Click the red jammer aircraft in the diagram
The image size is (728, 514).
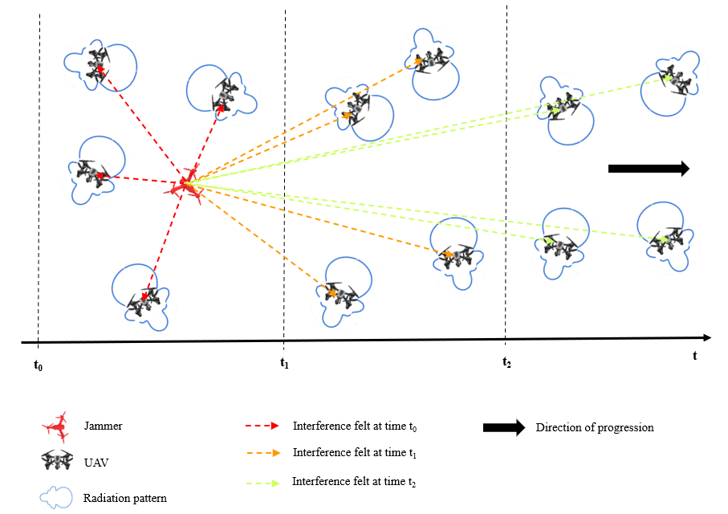tap(185, 185)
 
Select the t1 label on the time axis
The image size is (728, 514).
tap(283, 362)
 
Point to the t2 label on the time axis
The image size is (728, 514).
tap(506, 362)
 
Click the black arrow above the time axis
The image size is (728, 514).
tap(649, 168)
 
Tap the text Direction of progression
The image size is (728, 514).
tap(595, 427)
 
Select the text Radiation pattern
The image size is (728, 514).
tap(125, 498)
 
